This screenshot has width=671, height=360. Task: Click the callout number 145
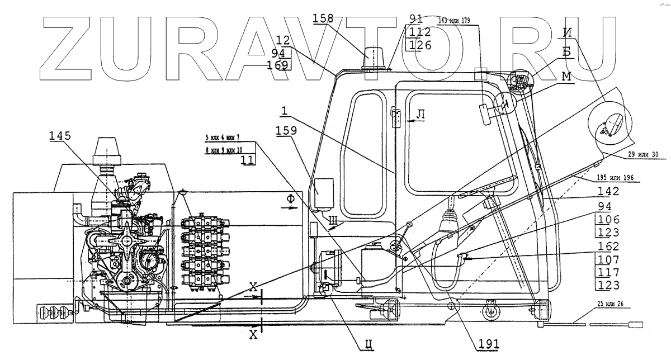(60, 136)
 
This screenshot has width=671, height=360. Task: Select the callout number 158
(323, 18)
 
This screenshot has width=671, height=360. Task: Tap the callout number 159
(287, 132)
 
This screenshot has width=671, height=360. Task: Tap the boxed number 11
(247, 160)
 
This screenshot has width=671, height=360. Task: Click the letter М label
(566, 77)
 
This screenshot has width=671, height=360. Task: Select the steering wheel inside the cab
(485, 187)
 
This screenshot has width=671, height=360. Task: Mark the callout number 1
(285, 112)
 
